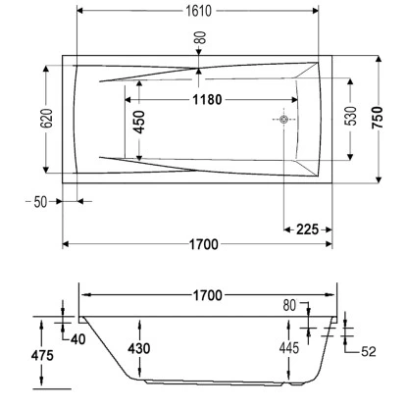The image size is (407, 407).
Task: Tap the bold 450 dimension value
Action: pos(139,122)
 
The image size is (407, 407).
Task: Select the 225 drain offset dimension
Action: pos(305,229)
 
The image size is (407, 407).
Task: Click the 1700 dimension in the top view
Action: pos(199,243)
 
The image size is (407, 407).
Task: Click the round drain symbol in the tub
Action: pos(283,121)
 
